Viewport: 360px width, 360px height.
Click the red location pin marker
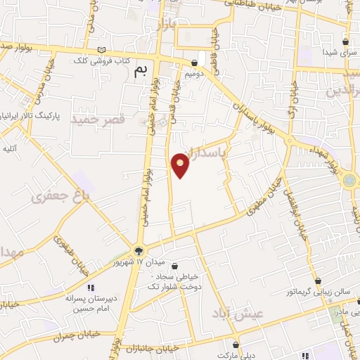180,165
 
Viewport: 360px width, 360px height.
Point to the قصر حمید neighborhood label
98,120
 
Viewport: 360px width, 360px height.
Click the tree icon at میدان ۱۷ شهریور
139,250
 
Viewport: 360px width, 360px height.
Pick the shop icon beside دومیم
194,63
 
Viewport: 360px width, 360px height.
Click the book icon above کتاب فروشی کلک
103,49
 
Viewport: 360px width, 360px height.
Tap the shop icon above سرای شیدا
345,41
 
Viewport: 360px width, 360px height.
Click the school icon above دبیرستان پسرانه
90,288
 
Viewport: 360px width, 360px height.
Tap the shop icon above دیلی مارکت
236,345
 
